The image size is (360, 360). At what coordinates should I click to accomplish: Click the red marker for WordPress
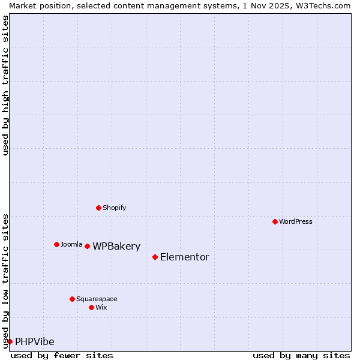point(275,221)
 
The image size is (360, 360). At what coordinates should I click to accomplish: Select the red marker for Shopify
point(98,208)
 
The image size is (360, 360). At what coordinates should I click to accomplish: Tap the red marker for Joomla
point(56,244)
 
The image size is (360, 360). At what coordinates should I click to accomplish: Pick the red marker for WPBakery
point(87,246)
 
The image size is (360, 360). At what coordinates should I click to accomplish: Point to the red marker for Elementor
point(155,257)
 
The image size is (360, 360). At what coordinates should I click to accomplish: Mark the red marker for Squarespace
point(72,299)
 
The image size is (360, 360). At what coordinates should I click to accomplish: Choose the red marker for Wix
point(91,307)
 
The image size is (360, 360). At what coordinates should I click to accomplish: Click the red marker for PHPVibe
point(10,341)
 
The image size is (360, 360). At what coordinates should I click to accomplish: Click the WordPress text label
point(296,221)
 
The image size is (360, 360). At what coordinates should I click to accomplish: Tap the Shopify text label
point(114,208)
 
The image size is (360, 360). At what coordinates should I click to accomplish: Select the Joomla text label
point(71,244)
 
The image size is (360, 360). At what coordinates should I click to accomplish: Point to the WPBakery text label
point(116,246)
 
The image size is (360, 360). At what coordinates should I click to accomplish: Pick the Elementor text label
point(185,257)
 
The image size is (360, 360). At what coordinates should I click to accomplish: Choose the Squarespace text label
point(97,299)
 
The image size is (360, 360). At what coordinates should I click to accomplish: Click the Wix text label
point(101,307)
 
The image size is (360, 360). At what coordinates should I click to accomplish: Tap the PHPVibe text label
point(35,341)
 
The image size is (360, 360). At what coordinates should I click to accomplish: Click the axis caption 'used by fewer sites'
point(62,355)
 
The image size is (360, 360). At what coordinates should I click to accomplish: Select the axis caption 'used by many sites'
point(301,355)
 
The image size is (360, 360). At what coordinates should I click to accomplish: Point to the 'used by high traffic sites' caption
point(5,85)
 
